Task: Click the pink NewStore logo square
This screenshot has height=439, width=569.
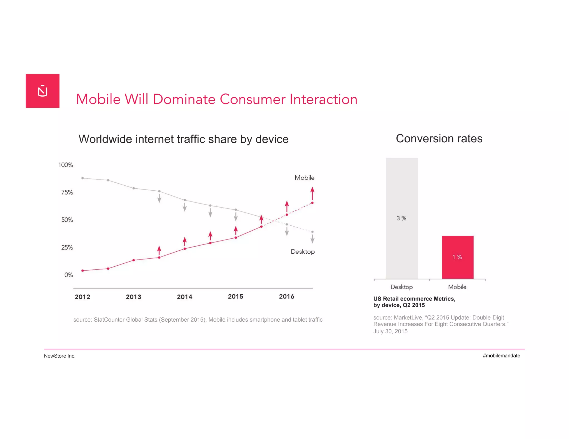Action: [43, 91]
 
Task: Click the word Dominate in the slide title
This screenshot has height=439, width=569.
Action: [184, 99]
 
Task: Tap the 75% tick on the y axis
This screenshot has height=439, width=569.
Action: [67, 192]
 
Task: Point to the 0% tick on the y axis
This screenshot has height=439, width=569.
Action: [68, 275]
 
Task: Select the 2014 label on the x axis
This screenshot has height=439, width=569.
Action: [184, 297]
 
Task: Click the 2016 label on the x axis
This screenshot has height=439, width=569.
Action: [286, 297]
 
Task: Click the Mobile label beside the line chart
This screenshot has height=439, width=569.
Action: [305, 178]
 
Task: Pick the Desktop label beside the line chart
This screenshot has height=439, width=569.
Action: [303, 252]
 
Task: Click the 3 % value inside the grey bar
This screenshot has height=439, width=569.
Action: [401, 218]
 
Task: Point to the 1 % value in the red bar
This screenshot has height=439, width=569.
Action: [457, 257]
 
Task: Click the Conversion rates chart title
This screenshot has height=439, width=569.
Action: [439, 138]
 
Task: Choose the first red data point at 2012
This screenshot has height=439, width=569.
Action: [83, 271]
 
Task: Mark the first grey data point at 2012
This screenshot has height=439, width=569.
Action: [83, 178]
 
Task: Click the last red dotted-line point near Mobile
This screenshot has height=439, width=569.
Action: [312, 203]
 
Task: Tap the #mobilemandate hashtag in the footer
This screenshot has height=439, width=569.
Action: [501, 356]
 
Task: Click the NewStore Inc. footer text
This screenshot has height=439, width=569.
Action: [60, 356]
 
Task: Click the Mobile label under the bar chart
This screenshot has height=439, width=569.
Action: [457, 287]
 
